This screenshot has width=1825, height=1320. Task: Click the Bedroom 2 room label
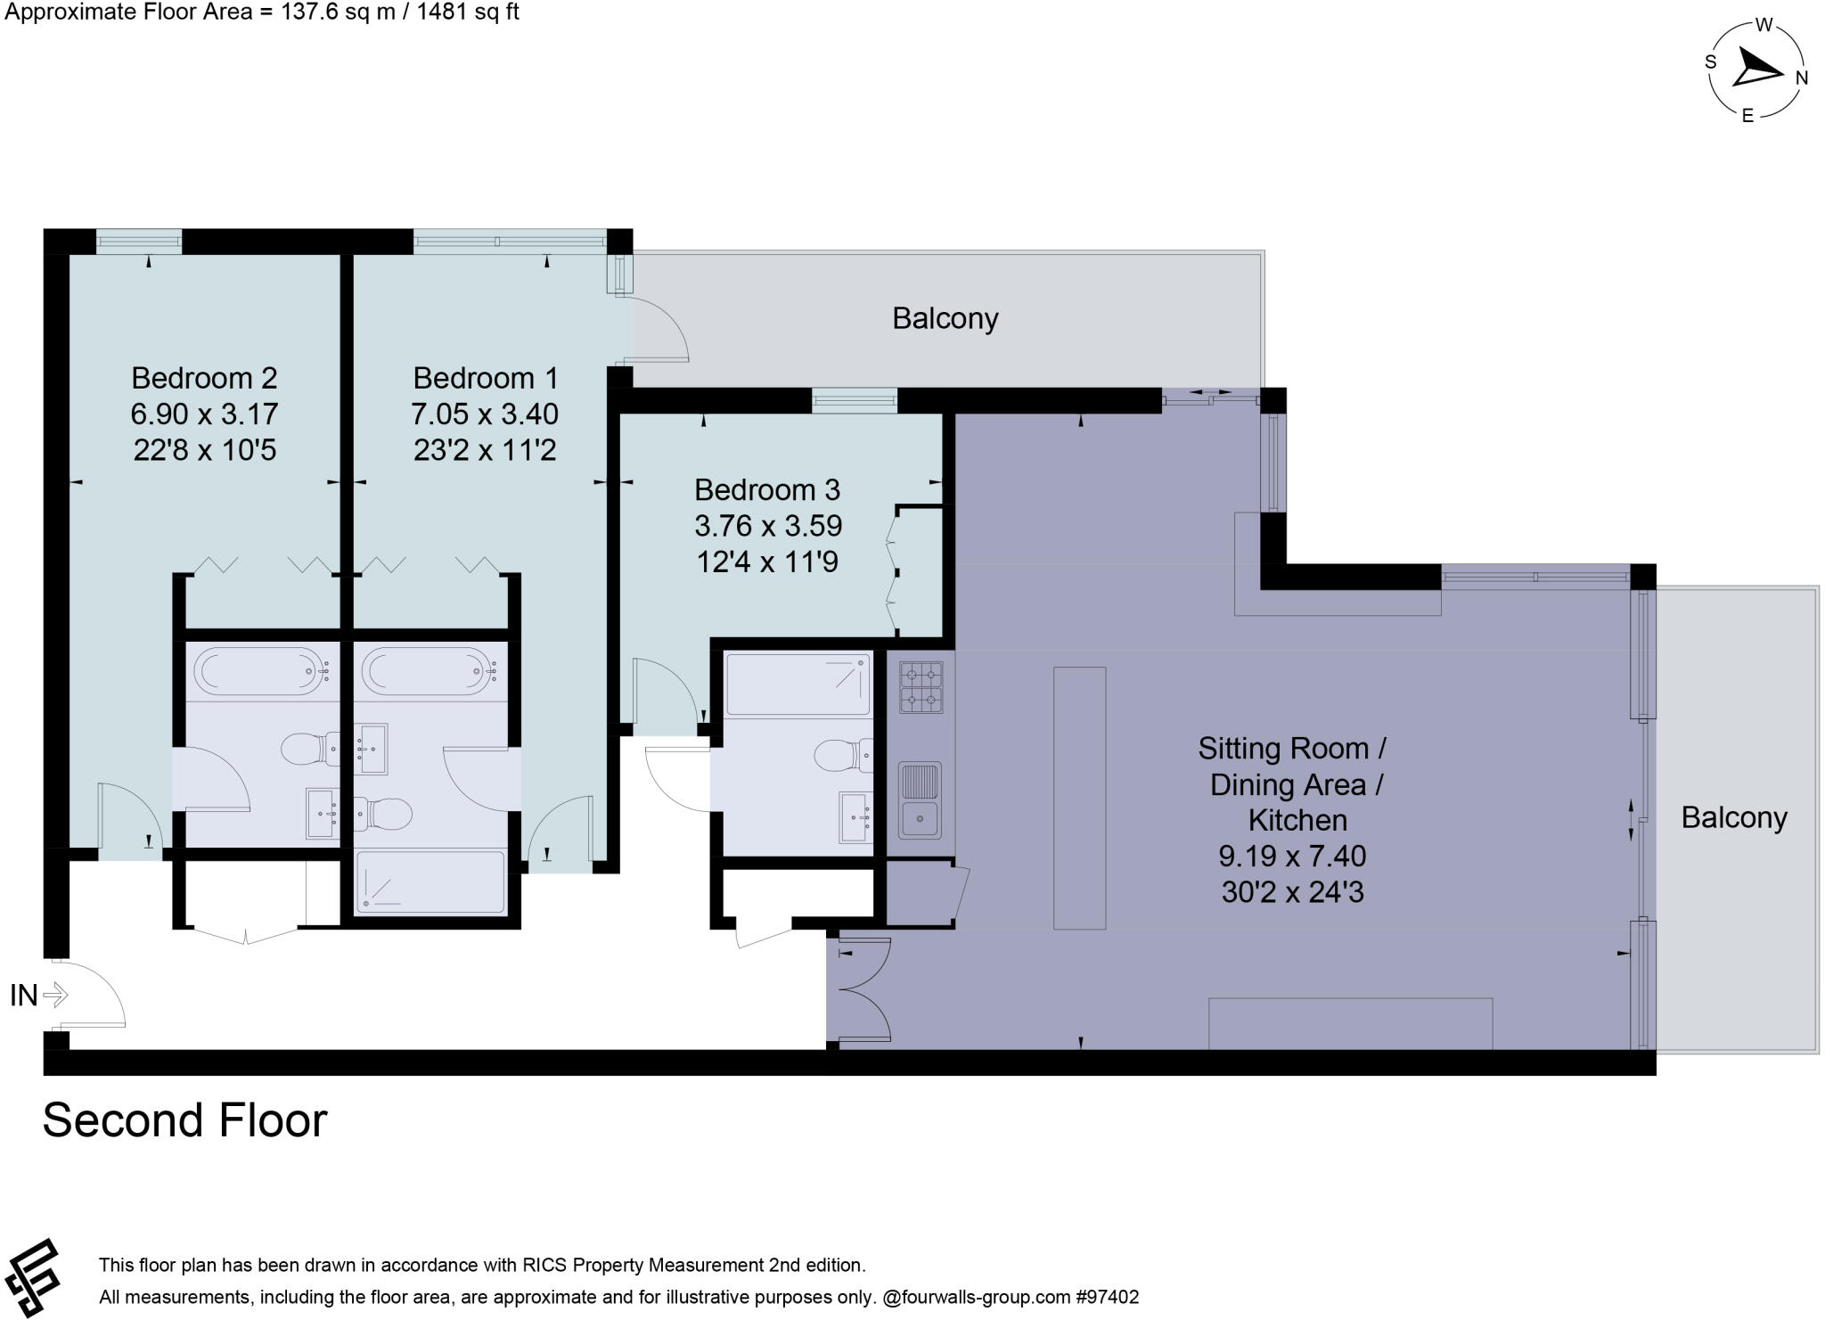click(x=204, y=378)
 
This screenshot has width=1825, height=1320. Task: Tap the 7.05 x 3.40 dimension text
click(x=484, y=414)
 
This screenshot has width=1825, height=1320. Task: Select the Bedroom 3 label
click(x=766, y=490)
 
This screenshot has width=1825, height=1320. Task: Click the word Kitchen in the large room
click(x=1297, y=820)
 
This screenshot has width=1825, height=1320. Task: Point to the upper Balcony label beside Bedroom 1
click(x=945, y=318)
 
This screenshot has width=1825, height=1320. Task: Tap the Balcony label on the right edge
click(x=1733, y=817)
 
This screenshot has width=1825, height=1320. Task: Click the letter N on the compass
click(x=1801, y=78)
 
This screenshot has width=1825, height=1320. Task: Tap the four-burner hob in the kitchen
click(x=921, y=687)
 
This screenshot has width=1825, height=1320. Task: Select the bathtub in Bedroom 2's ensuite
click(x=261, y=671)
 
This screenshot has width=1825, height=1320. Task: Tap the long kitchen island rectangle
click(x=1079, y=798)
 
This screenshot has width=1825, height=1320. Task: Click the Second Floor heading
click(x=184, y=1120)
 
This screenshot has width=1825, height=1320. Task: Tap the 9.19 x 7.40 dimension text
click(x=1291, y=857)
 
